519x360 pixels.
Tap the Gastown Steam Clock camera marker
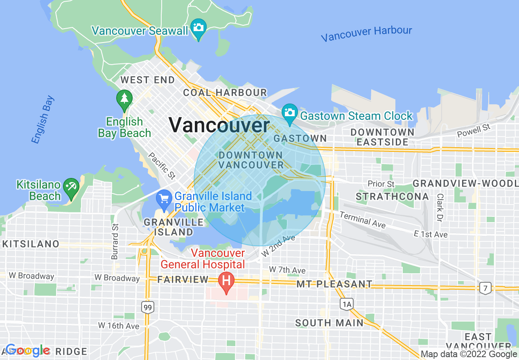[290, 112]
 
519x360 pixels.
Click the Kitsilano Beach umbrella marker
[71, 187]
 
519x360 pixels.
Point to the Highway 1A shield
[347, 304]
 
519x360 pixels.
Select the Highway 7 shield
[485, 288]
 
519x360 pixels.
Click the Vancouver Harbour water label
[366, 34]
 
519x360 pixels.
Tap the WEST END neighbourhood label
[147, 80]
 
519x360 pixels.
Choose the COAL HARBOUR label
[225, 92]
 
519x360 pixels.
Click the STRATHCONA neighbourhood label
[392, 197]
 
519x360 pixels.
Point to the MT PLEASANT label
[335, 284]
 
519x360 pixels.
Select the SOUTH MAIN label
[329, 323]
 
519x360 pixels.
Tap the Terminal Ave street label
[363, 220]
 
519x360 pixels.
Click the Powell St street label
[474, 130]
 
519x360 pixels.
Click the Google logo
[27, 350]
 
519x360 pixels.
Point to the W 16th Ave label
[119, 326]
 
